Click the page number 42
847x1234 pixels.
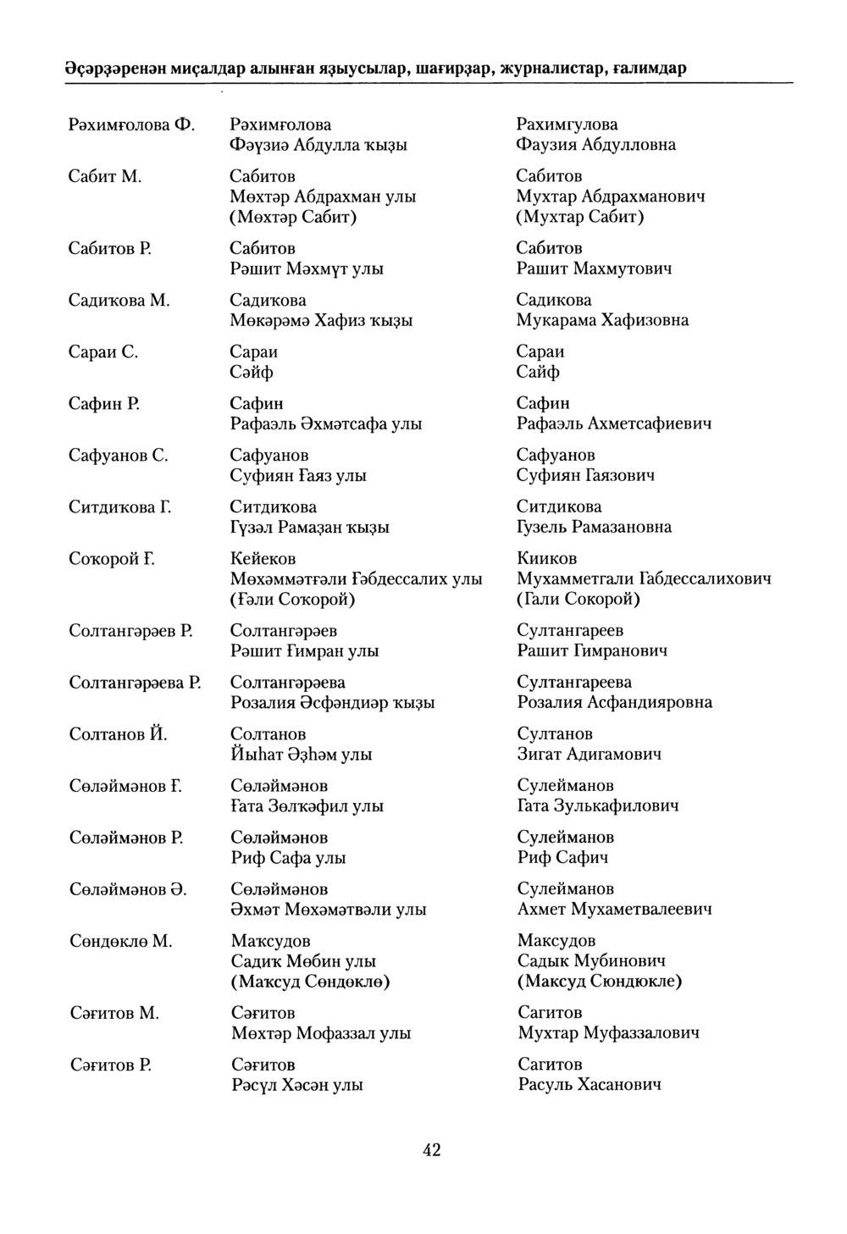[432, 1149]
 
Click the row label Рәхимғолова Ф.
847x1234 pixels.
[132, 125]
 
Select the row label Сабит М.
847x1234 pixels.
[104, 176]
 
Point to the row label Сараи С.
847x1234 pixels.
[103, 351]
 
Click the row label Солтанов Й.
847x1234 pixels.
[118, 733]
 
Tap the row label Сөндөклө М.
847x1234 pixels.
[120, 941]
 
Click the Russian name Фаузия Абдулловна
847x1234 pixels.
[596, 145]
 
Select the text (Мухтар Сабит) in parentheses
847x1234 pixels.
[580, 217]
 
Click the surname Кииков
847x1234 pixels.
[546, 559]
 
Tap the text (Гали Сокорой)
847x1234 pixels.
[579, 600]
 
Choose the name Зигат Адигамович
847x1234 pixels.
[590, 754]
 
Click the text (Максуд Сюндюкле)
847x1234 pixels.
[600, 981]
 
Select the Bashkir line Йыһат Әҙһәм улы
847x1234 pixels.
[301, 755]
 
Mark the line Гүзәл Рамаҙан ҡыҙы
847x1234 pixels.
[310, 528]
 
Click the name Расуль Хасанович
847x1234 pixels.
[590, 1085]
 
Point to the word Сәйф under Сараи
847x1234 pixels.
[252, 372]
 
